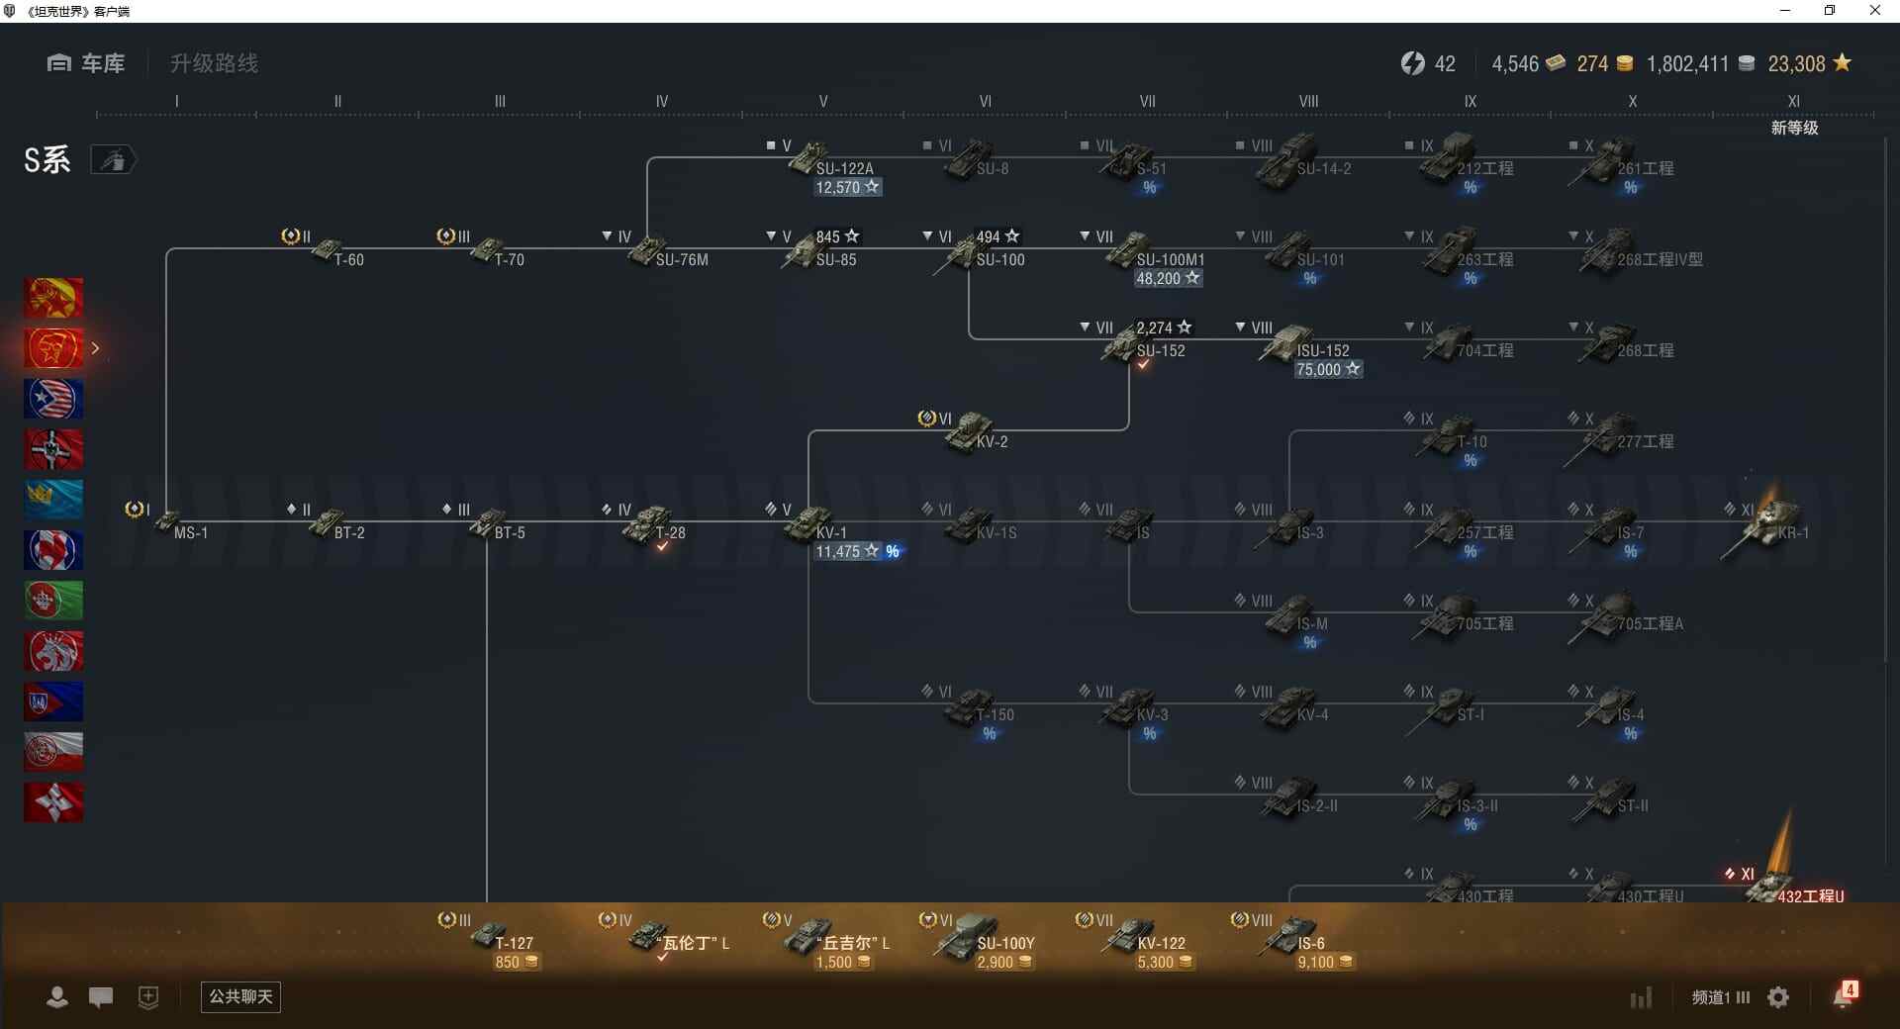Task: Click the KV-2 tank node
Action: tap(974, 432)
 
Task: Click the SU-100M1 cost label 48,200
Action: tap(1168, 278)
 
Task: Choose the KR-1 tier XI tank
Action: tap(1771, 521)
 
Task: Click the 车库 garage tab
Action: tap(86, 63)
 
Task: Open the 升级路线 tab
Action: tap(214, 63)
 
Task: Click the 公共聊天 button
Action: tap(240, 996)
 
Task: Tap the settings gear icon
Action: tap(1778, 997)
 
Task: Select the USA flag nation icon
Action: tap(53, 399)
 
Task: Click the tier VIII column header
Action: tap(1308, 101)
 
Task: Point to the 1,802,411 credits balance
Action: tap(1687, 64)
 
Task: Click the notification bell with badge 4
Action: tap(1844, 995)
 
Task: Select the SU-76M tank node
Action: tap(653, 249)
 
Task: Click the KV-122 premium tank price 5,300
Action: tap(1164, 962)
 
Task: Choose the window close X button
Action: tap(1874, 11)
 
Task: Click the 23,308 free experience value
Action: tap(1796, 64)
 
